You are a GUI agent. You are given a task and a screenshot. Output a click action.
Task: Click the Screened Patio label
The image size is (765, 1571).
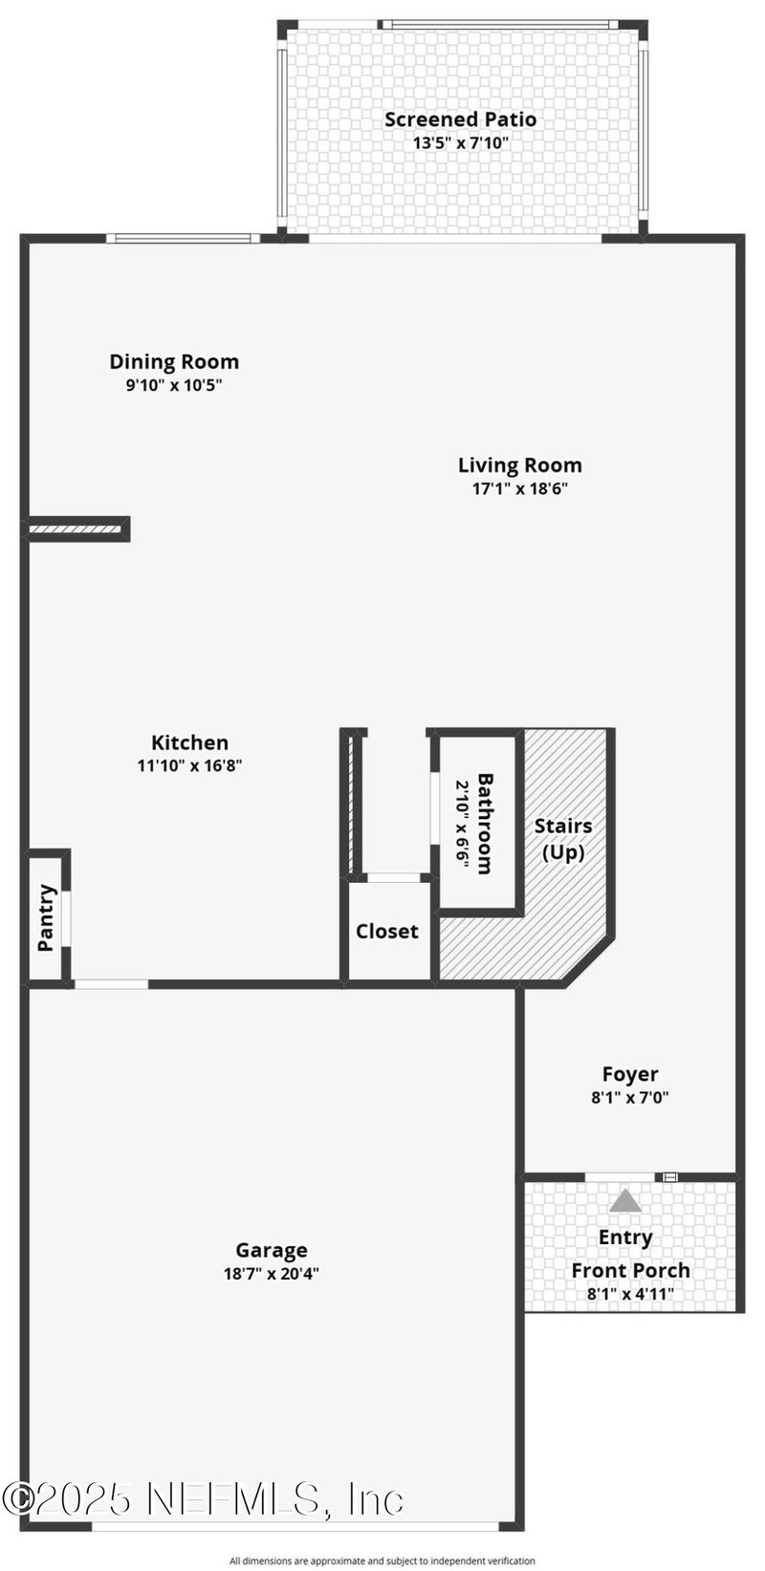click(x=460, y=119)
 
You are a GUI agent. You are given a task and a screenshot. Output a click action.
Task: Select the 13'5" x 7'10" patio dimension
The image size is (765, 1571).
click(x=460, y=143)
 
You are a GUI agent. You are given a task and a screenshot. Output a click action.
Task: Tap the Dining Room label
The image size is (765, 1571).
click(x=174, y=362)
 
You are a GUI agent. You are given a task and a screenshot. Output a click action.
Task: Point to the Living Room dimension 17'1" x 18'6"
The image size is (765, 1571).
click(x=519, y=488)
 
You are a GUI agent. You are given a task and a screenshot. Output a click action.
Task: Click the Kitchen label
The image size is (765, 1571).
click(x=190, y=742)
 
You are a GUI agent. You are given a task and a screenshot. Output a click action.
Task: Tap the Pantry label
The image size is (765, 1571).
click(x=46, y=918)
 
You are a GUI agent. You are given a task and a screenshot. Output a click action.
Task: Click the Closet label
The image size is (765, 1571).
click(x=387, y=931)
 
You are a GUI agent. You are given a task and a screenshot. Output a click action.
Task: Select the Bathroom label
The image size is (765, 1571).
click(x=484, y=824)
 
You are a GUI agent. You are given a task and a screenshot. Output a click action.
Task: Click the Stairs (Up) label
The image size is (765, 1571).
click(x=563, y=838)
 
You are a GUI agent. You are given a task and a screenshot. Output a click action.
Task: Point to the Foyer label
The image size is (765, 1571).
click(x=630, y=1074)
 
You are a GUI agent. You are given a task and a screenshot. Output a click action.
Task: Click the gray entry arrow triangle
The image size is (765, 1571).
click(x=625, y=1200)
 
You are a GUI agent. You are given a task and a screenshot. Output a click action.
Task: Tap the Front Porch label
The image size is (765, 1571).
click(x=630, y=1270)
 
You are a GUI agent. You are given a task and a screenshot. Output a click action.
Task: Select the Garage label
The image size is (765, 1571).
click(x=272, y=1250)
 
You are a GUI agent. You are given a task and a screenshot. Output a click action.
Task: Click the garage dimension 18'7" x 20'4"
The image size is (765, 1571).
click(x=272, y=1273)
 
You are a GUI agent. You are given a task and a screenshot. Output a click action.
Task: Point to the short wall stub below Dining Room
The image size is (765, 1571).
click(x=77, y=528)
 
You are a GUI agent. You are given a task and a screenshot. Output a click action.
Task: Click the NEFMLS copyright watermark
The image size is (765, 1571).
click(x=203, y=1499)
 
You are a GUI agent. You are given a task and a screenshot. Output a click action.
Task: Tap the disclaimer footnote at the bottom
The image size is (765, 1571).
click(x=382, y=1560)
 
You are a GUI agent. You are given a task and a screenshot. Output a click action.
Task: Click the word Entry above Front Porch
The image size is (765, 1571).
click(x=625, y=1237)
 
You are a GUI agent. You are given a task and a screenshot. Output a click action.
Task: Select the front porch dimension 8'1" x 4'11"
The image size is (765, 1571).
click(x=630, y=1294)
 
